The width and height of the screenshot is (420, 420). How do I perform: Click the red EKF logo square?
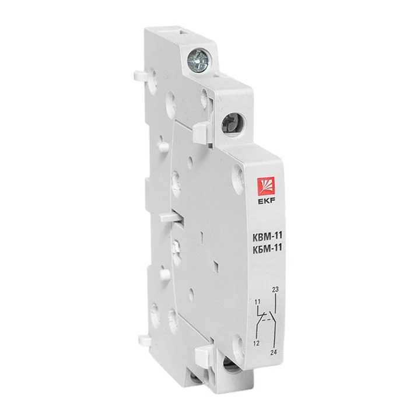coord(266,187)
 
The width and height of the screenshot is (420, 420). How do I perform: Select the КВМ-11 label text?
coord(267,236)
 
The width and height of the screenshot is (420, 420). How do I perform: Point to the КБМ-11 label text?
coord(267,248)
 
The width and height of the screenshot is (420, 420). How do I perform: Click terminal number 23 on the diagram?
coord(275,289)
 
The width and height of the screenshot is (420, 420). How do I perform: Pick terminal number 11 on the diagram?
coord(257,302)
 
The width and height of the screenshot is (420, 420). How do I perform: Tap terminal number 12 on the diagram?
coord(256,343)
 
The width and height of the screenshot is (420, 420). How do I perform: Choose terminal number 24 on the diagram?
coord(274,352)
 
